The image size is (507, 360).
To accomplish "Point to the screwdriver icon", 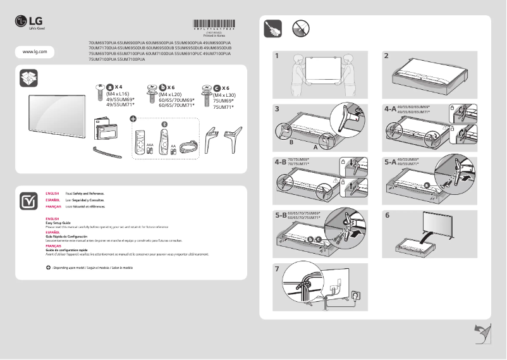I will tap(272, 28).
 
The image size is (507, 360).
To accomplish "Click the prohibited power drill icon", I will tap(300, 28).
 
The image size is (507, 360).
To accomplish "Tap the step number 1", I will tap(276, 56).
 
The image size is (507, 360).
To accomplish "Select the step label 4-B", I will tap(281, 162).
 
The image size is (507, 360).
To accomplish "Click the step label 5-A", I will tap(390, 162).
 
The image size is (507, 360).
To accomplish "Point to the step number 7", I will tap(276, 269).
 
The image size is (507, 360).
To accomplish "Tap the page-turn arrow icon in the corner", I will tap(482, 333).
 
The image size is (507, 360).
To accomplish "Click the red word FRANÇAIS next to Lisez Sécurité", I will tap(53, 207).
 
